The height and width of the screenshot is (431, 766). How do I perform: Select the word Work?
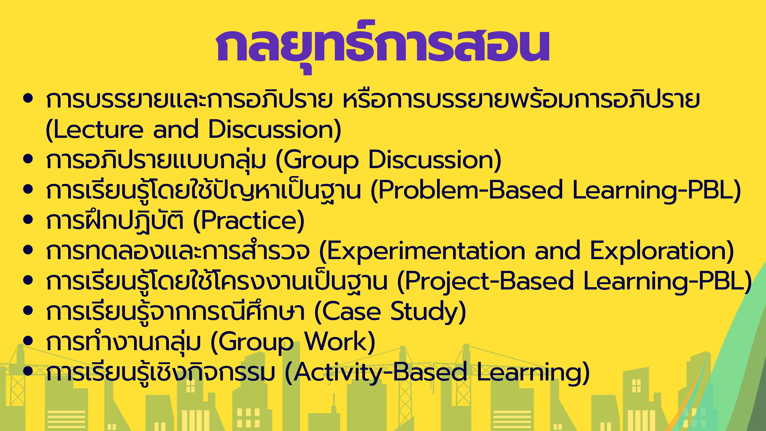(x=336, y=342)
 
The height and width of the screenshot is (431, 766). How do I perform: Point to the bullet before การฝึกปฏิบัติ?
(x=28, y=220)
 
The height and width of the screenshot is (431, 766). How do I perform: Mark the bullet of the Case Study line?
(x=28, y=310)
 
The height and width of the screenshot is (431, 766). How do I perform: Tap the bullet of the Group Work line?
(x=28, y=341)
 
